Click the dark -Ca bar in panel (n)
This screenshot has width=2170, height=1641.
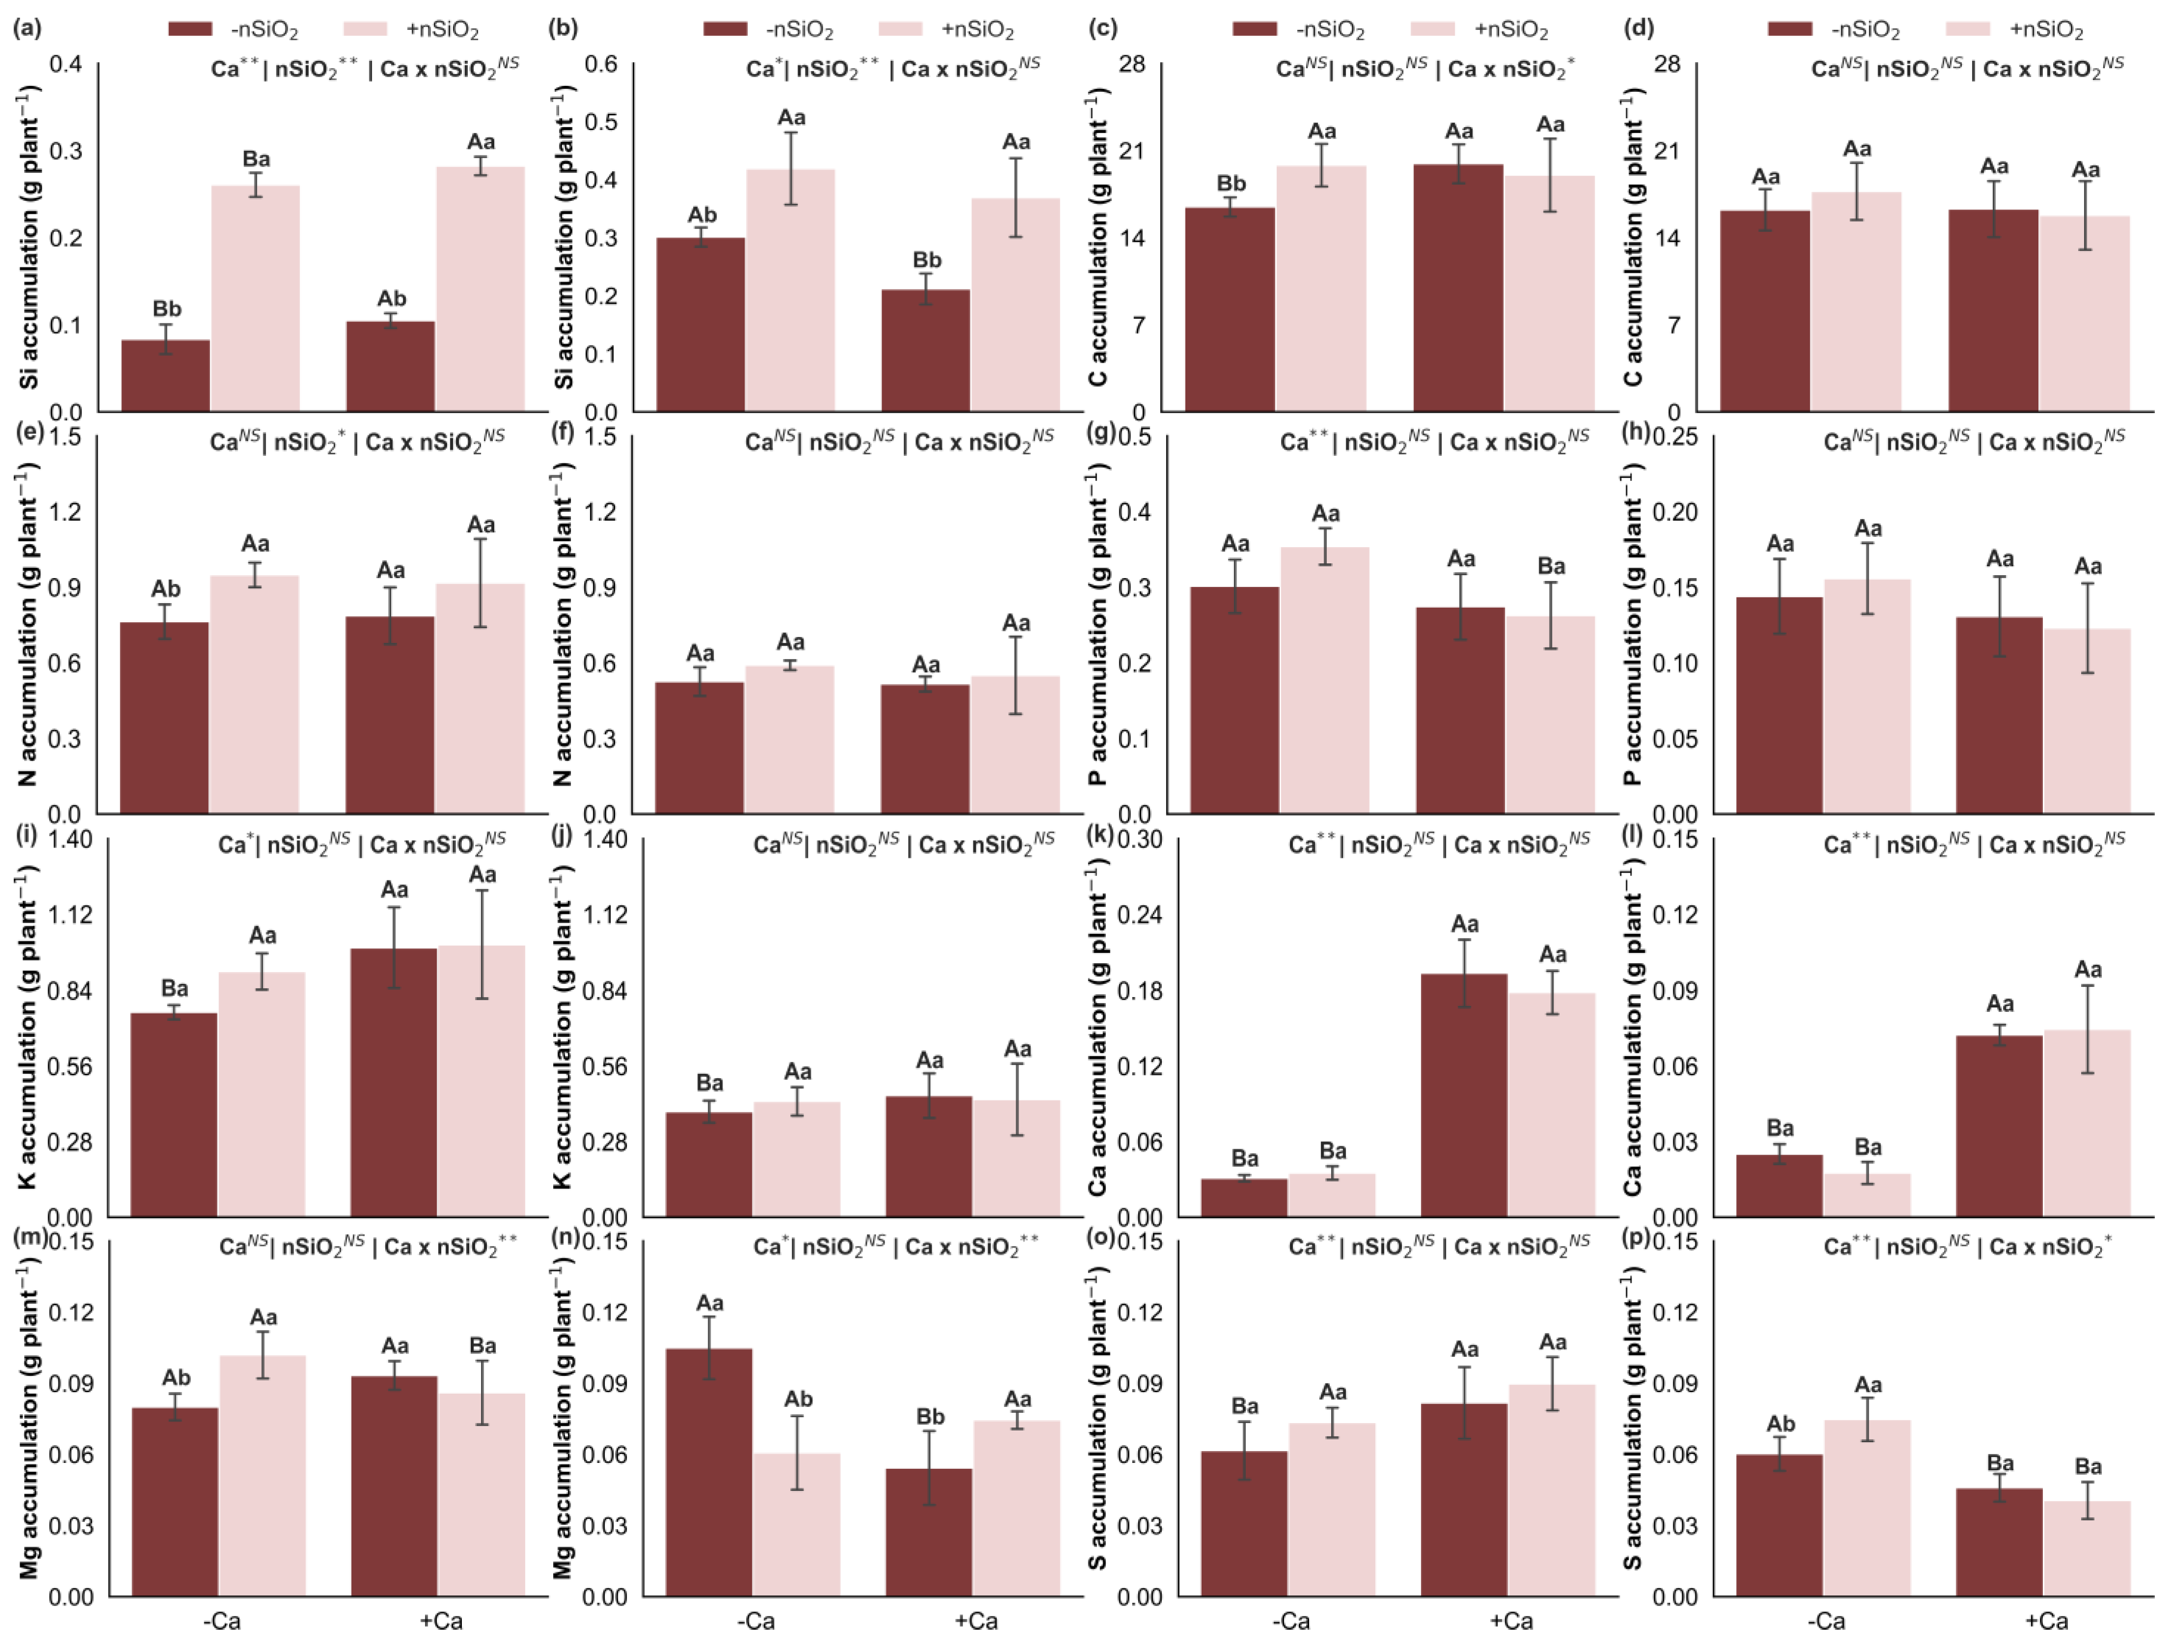point(709,1472)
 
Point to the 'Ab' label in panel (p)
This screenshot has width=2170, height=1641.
point(1781,1424)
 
